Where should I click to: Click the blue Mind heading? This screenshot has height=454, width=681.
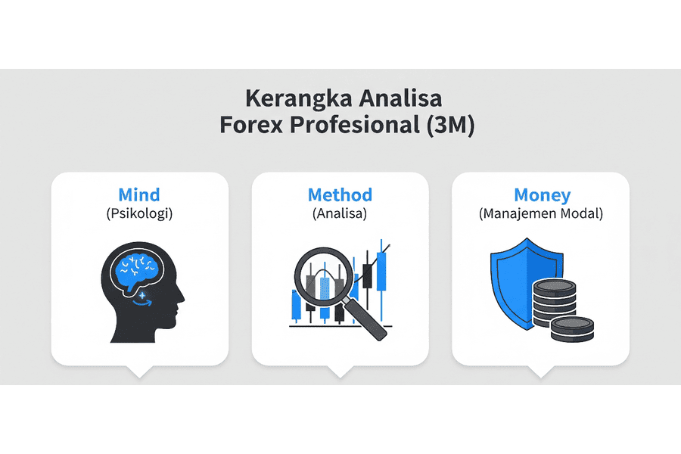click(x=139, y=194)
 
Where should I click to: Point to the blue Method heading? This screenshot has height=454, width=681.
click(x=340, y=194)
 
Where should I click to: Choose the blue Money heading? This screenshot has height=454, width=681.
click(x=541, y=194)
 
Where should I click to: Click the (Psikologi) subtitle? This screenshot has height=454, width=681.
click(x=139, y=213)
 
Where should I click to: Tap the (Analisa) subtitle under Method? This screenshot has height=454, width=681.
click(x=340, y=213)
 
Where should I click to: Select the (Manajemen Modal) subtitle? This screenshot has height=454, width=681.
click(x=541, y=213)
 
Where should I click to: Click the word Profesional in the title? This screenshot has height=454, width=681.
click(x=358, y=125)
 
